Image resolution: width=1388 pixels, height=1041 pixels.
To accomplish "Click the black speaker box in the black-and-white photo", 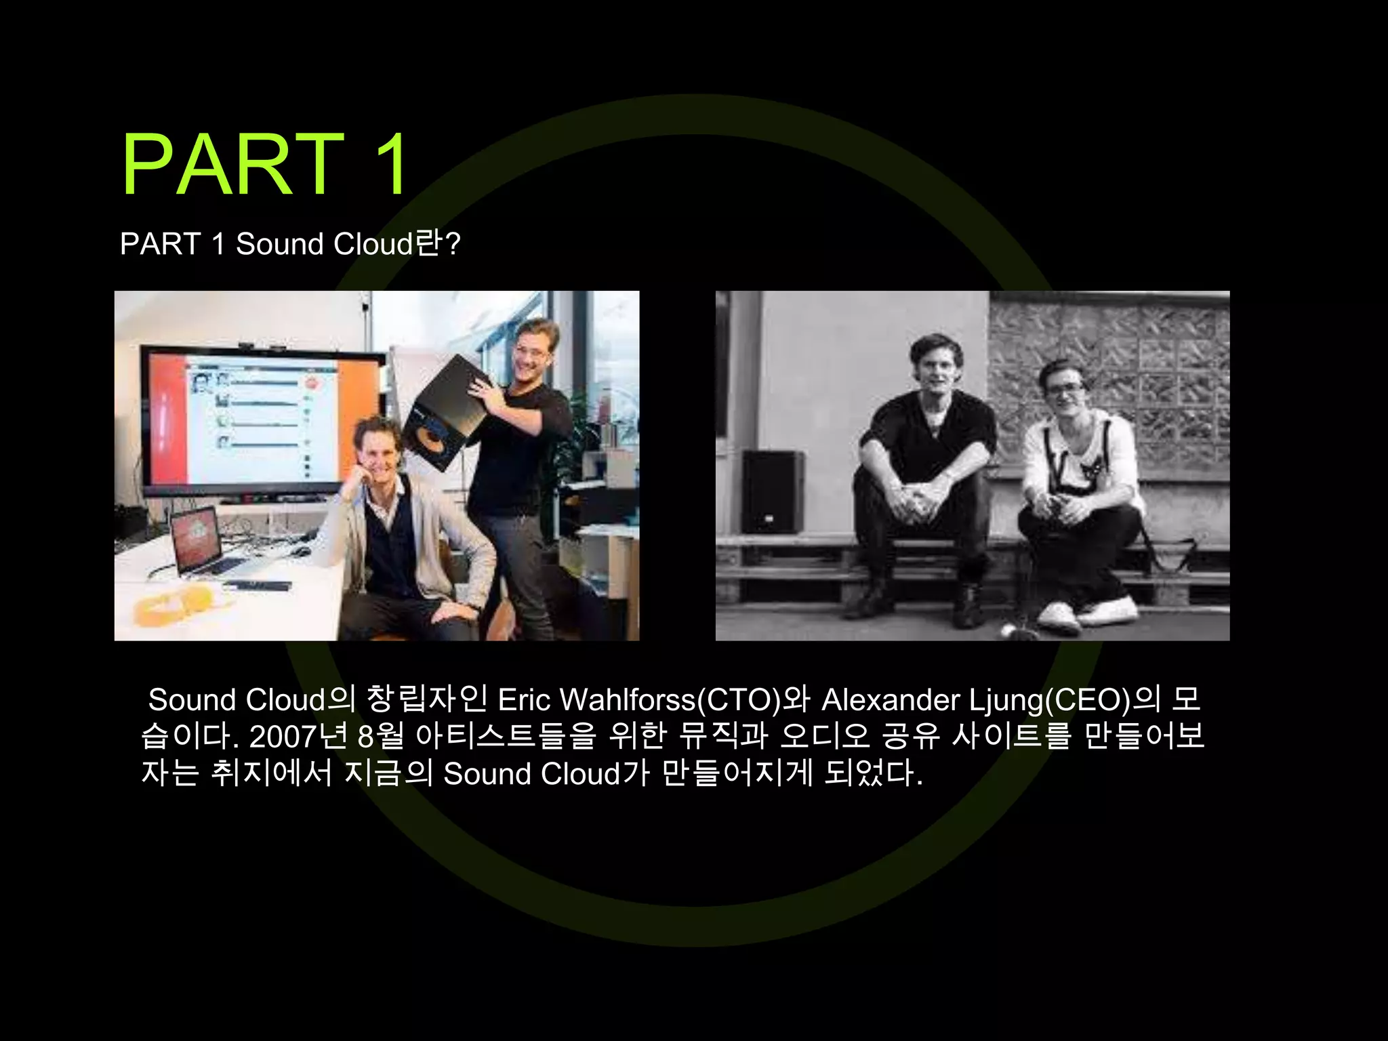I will pyautogui.click(x=772, y=491).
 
